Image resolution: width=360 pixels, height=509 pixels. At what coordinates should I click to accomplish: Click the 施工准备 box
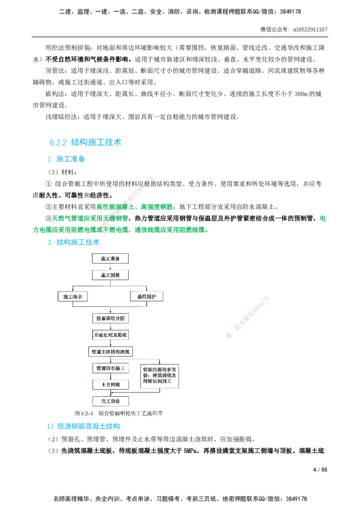[x=110, y=259]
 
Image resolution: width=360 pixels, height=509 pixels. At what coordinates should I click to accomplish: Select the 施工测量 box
[x=110, y=274]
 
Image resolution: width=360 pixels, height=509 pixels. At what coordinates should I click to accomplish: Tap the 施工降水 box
[x=75, y=297]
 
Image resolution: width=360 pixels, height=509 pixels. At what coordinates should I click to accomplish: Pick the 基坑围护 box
[x=146, y=297]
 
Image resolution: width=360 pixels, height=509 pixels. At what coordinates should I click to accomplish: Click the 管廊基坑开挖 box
[x=110, y=318]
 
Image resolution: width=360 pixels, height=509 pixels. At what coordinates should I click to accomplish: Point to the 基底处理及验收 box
[x=110, y=335]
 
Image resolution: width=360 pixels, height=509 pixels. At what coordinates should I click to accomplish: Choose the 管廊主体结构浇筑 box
[x=110, y=351]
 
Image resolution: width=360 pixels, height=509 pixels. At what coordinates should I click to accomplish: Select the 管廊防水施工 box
[x=110, y=368]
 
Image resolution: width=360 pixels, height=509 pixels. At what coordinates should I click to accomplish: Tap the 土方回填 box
[x=110, y=384]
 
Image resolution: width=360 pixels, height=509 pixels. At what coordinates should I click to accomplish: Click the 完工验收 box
[x=110, y=401]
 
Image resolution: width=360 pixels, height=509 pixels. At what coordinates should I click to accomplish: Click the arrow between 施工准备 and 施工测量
[x=110, y=267]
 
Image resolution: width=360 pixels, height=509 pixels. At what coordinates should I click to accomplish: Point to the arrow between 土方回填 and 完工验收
[x=110, y=393]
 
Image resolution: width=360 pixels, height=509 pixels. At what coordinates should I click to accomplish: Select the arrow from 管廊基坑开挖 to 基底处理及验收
[x=110, y=327]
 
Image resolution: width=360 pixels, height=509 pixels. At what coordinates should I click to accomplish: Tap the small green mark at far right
[x=322, y=219]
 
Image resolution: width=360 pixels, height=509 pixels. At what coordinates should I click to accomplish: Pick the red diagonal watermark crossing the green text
[x=128, y=198]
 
